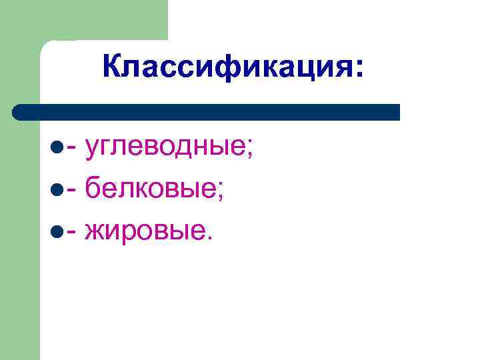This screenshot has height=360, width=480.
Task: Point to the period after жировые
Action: pos(213,236)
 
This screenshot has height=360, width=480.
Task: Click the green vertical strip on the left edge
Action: pos(20,233)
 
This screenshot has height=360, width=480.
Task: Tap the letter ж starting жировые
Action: pos(95,229)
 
